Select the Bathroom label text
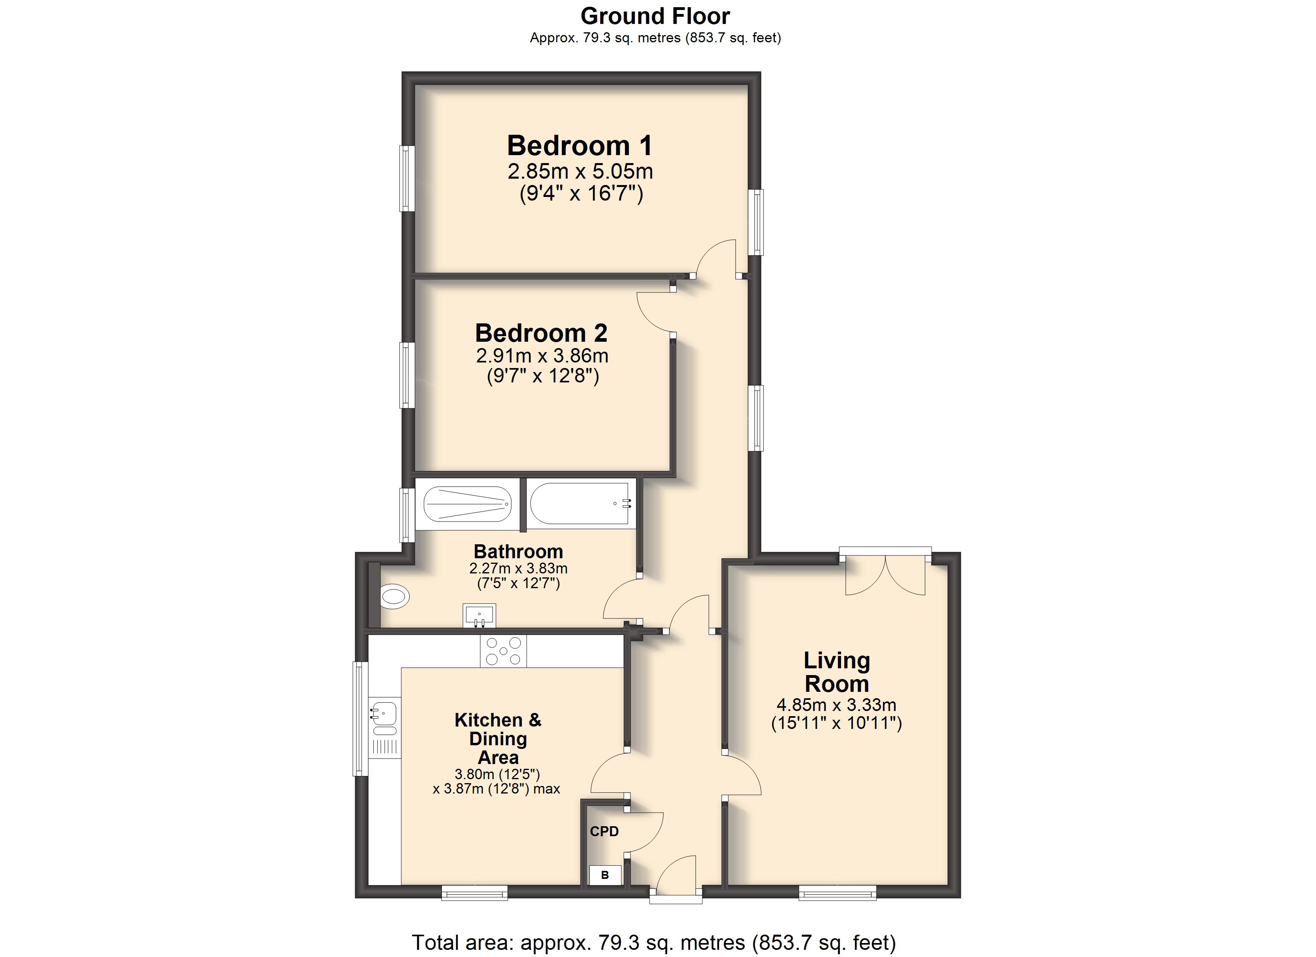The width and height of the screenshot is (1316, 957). click(518, 551)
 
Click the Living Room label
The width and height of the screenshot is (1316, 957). click(836, 672)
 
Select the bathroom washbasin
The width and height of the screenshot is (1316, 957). click(479, 615)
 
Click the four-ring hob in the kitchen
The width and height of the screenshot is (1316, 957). click(503, 651)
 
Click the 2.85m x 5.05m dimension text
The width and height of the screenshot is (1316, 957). click(580, 171)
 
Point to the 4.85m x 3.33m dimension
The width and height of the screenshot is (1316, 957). click(836, 705)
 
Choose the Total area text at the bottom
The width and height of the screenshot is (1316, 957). click(654, 943)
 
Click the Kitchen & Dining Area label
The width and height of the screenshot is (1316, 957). click(498, 739)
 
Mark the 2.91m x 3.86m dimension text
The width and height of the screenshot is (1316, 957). click(542, 356)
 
